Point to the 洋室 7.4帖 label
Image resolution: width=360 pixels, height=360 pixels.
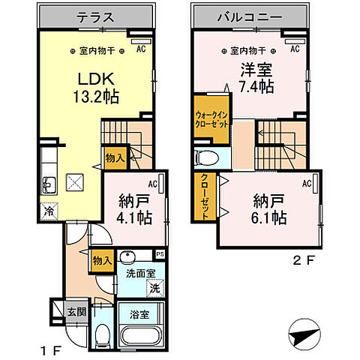pyautogui.click(x=255, y=77)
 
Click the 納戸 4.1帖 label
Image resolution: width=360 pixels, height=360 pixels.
pyautogui.click(x=135, y=209)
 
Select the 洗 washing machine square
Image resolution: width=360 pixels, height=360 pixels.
pyautogui.click(x=152, y=288)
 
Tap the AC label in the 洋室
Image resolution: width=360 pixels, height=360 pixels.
pyautogui.click(x=294, y=49)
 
